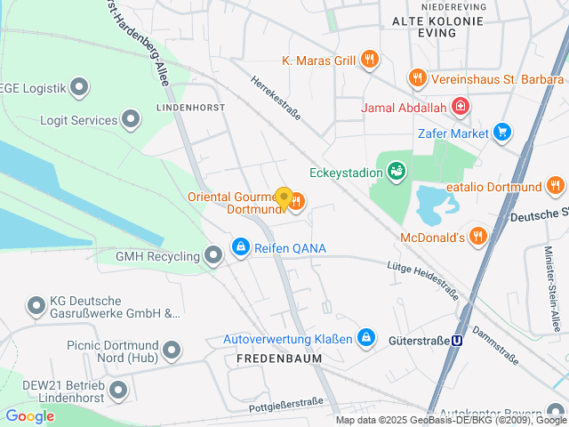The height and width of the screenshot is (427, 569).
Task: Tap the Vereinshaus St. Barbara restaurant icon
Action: (x=416, y=78)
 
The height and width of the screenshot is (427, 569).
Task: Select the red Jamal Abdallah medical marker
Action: (x=460, y=109)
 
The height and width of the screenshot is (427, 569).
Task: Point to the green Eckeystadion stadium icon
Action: (x=397, y=169)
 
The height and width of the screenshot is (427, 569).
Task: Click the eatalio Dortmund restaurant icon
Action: (x=556, y=187)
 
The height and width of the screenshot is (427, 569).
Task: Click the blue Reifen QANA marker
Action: (x=240, y=247)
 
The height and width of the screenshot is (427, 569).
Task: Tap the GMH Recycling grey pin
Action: (x=213, y=256)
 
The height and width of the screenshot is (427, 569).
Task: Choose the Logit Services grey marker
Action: (x=132, y=119)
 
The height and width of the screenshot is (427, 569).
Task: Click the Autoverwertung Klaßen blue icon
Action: (x=365, y=338)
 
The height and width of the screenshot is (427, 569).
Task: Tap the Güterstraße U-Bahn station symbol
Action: (x=458, y=339)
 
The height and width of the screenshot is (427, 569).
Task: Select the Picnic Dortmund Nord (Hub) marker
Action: (x=172, y=350)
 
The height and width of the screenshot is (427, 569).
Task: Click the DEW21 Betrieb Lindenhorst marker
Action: (x=117, y=390)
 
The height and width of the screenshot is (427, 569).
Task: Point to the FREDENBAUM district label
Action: (x=278, y=358)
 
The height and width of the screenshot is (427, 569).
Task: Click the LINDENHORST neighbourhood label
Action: (x=190, y=107)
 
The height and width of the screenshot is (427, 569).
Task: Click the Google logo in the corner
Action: (x=29, y=416)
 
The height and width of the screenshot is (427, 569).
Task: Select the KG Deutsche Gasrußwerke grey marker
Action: (x=36, y=306)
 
